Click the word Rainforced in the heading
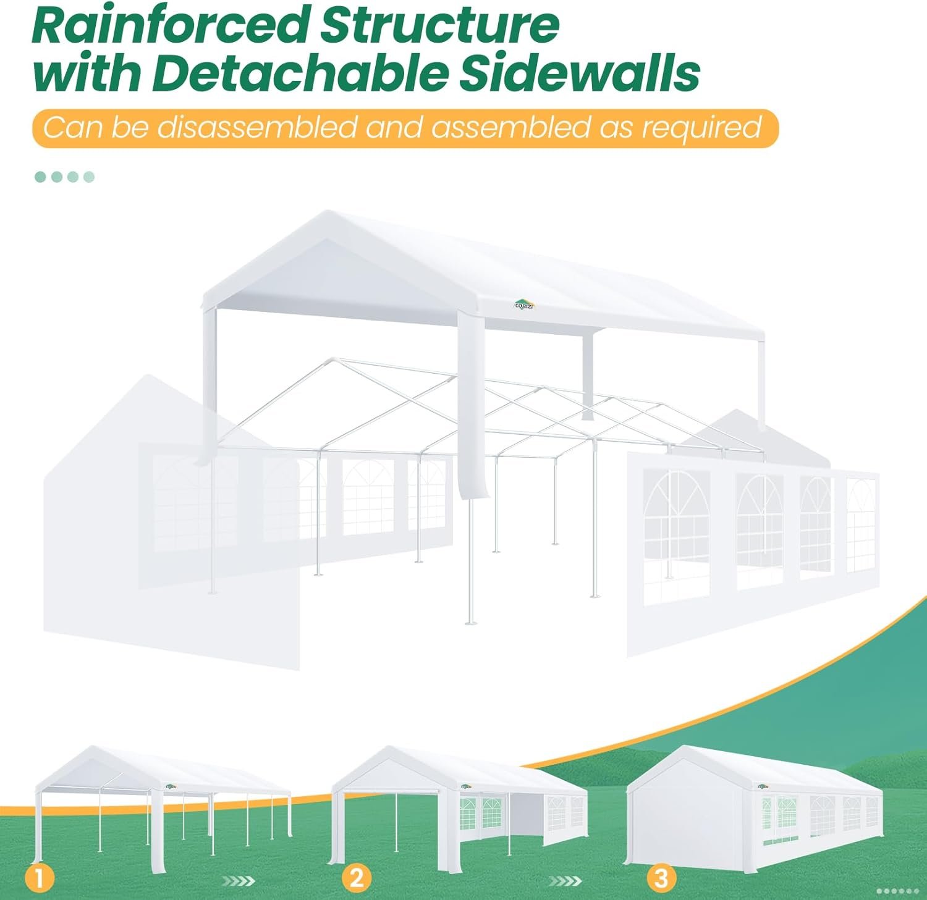[172, 25]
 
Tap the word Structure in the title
[440, 25]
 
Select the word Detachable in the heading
[302, 73]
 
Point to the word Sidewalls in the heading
[579, 73]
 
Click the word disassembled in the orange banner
[256, 127]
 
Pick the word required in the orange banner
[701, 128]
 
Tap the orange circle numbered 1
[40, 878]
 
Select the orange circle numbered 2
[357, 878]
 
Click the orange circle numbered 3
[661, 878]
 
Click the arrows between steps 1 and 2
[238, 881]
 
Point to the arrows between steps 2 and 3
[565, 881]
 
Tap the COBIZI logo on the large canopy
[524, 304]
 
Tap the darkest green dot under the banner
[41, 177]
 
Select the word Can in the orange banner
[72, 127]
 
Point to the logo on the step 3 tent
[763, 786]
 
